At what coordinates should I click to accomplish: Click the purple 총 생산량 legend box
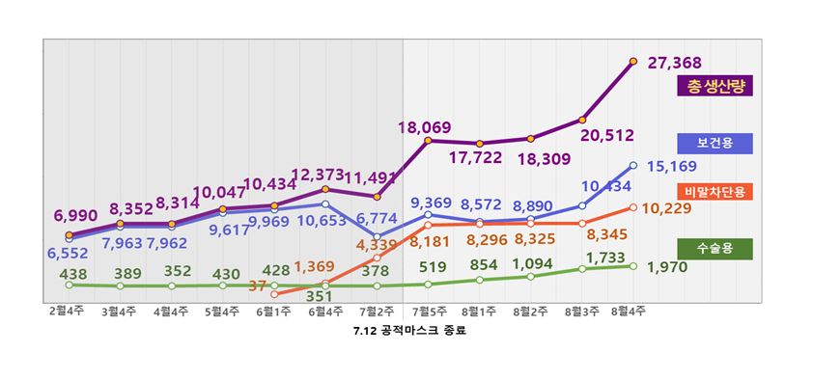(x=715, y=86)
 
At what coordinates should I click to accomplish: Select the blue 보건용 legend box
(x=715, y=144)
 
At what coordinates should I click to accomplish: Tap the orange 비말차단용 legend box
(x=715, y=192)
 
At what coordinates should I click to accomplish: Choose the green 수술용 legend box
(x=715, y=249)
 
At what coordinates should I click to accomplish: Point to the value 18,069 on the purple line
(x=425, y=126)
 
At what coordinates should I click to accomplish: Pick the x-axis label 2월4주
(x=68, y=312)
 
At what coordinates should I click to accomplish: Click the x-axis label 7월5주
(x=427, y=312)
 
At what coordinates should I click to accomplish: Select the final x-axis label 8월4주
(x=632, y=312)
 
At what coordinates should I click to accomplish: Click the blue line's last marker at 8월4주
(x=632, y=165)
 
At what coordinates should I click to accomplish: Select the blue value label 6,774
(x=378, y=220)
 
